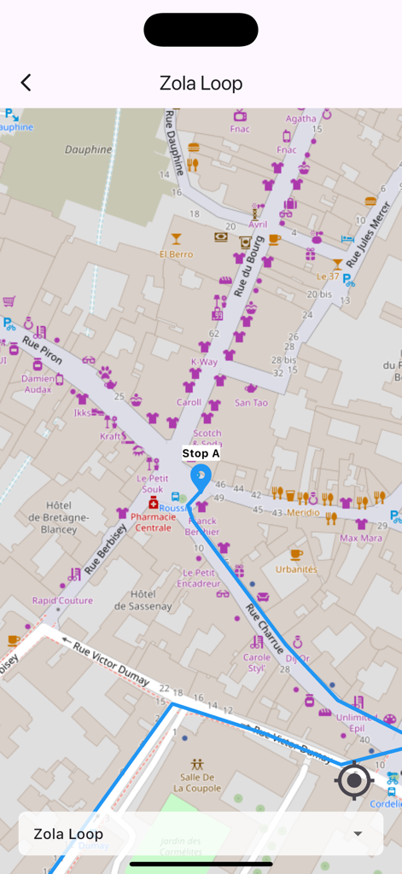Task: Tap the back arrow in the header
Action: click(26, 83)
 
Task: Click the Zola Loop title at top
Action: click(201, 83)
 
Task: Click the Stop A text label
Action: click(201, 454)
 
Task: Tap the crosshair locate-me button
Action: click(354, 780)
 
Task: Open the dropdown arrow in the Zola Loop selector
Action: click(358, 834)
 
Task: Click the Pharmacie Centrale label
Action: click(154, 521)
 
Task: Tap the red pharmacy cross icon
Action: click(154, 504)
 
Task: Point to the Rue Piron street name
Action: click(42, 351)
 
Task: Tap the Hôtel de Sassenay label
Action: click(144, 599)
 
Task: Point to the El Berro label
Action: click(176, 253)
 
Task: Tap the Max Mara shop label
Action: click(360, 538)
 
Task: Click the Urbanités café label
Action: click(296, 568)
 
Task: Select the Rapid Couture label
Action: click(62, 600)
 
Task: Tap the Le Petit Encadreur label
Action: click(199, 578)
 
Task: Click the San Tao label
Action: click(251, 402)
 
